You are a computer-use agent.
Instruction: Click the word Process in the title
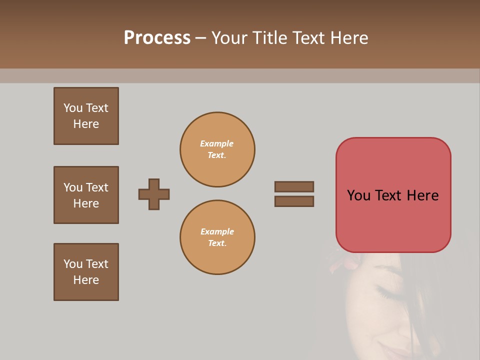[157, 38]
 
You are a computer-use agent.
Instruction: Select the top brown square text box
[86, 116]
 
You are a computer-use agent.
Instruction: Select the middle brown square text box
[86, 195]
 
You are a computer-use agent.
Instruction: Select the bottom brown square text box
[86, 272]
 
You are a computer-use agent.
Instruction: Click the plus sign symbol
[154, 194]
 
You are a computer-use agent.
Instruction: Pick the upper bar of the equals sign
[294, 186]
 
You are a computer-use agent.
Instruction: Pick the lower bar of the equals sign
[294, 201]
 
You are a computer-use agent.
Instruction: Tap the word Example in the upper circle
[216, 143]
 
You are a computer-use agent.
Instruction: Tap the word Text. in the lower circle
[217, 243]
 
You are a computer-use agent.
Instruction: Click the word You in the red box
[358, 195]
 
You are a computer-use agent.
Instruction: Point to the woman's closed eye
[387, 292]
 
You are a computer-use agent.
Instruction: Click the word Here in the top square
[86, 124]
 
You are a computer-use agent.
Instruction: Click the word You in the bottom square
[73, 263]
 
